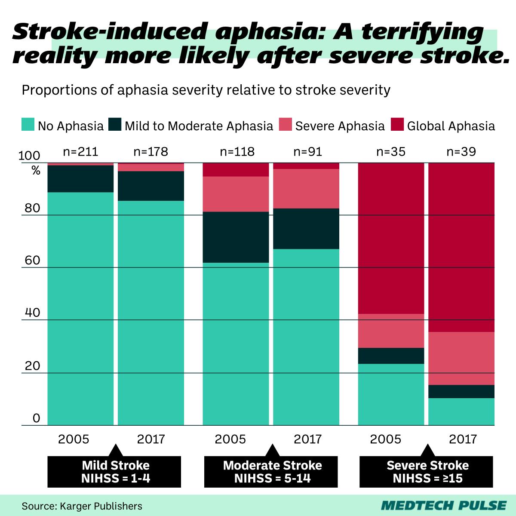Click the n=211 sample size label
point(80,152)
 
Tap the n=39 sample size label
point(461,152)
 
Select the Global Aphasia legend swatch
point(397,125)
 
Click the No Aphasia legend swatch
point(28,125)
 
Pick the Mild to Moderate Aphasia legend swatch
point(114,125)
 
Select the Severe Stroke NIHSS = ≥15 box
point(427,472)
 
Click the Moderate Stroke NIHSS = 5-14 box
point(272,472)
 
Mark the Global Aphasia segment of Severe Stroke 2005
point(391,239)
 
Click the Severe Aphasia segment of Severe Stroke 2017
point(461,358)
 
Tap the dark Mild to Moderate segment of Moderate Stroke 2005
point(236,237)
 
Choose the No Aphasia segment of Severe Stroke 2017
point(461,412)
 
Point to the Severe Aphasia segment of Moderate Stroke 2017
point(306,188)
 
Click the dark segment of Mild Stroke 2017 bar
point(151,186)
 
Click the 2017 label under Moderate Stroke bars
point(307,439)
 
